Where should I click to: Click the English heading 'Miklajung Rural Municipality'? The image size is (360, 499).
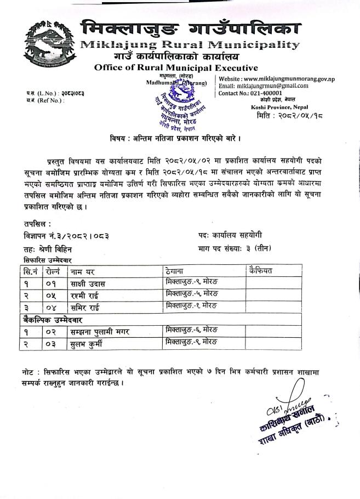[190, 44]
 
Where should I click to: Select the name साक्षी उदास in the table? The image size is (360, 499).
[88, 283]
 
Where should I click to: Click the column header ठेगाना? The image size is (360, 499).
[176, 270]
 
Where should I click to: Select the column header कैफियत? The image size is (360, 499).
[260, 270]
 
